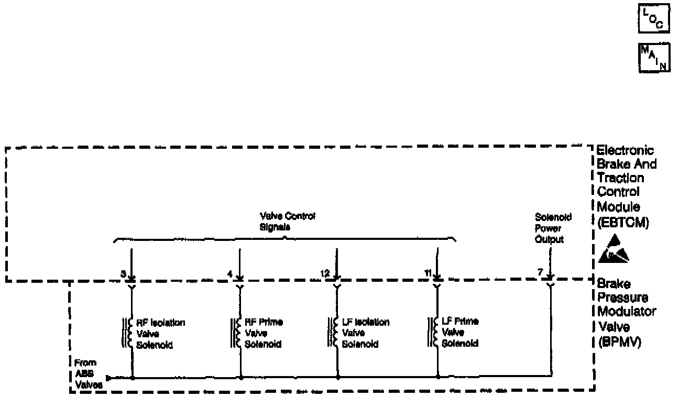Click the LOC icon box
click(x=654, y=19)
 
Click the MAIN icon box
click(x=654, y=57)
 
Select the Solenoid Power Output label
click(x=549, y=228)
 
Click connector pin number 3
click(x=123, y=274)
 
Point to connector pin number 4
click(x=229, y=274)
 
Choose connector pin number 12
click(x=325, y=274)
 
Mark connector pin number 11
click(x=428, y=274)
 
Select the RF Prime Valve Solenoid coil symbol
click(x=235, y=332)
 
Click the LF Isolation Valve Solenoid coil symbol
click(x=333, y=332)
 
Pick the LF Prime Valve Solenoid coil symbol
click(x=433, y=332)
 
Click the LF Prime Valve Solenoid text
click(x=460, y=333)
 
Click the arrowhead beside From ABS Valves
click(x=108, y=378)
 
